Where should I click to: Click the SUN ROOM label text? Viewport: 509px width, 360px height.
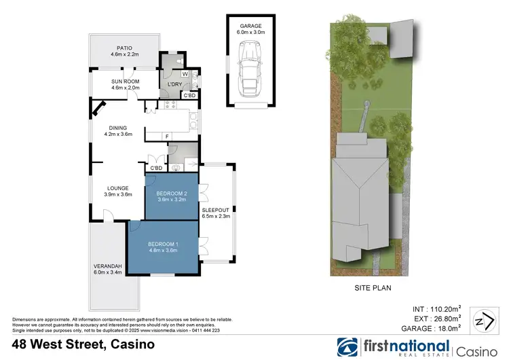pyautogui.click(x=124, y=84)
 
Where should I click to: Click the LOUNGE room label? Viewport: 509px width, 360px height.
pyautogui.click(x=118, y=192)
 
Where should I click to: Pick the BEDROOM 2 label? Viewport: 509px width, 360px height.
pyautogui.click(x=171, y=196)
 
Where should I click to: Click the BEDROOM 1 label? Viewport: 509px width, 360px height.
pyautogui.click(x=162, y=247)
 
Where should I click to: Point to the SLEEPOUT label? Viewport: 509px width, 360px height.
pyautogui.click(x=216, y=213)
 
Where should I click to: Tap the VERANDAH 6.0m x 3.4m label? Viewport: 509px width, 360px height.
pyautogui.click(x=107, y=269)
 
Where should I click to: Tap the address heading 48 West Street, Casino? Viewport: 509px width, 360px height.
pyautogui.click(x=78, y=345)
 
